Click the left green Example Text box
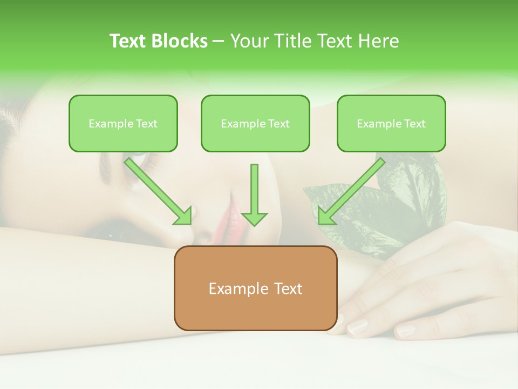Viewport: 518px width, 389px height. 123,123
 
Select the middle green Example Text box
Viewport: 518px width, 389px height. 255,123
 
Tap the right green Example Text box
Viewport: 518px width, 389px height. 391,123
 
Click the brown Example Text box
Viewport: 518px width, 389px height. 255,288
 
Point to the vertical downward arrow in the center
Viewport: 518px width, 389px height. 254,192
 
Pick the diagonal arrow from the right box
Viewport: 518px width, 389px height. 353,189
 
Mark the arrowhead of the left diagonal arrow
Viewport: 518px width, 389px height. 183,216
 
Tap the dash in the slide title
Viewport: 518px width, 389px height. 219,42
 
